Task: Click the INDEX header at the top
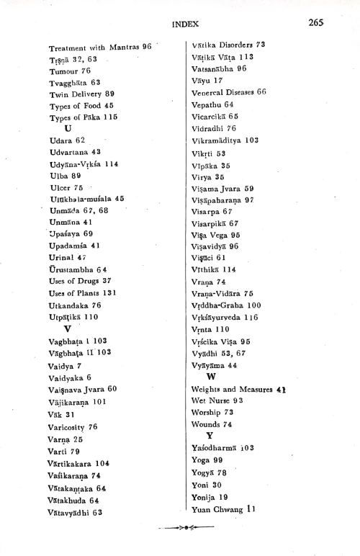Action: pos(186,24)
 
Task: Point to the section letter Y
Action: pos(210,435)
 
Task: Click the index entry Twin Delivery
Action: pos(76,94)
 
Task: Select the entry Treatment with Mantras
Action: pos(99,47)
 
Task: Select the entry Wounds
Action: pos(212,424)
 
